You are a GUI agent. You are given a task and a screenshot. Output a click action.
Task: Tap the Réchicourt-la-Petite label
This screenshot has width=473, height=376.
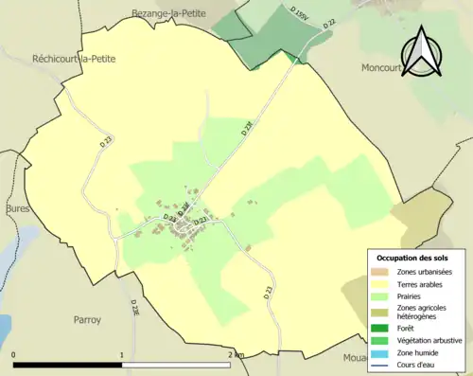(x=74, y=58)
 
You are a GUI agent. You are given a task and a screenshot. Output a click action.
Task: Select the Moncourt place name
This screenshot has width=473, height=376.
(x=383, y=68)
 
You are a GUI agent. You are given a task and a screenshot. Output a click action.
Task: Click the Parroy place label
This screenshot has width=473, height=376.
(x=86, y=320)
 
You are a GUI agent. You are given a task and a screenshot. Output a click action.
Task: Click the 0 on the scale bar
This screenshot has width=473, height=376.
(x=14, y=354)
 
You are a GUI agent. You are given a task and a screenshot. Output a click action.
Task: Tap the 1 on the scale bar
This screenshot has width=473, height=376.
(x=122, y=354)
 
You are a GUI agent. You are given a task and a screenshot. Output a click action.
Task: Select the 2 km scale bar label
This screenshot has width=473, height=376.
(x=236, y=354)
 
